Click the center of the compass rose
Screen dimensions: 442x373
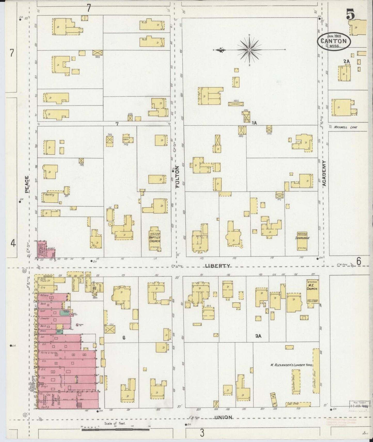(x=249, y=49)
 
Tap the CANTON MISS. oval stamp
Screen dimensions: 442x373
(x=334, y=42)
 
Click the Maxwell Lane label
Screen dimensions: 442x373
(x=345, y=127)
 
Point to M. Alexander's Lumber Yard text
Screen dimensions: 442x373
(x=291, y=365)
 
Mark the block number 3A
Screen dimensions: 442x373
(x=258, y=336)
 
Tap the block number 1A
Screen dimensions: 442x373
(x=254, y=123)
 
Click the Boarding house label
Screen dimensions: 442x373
(x=50, y=195)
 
